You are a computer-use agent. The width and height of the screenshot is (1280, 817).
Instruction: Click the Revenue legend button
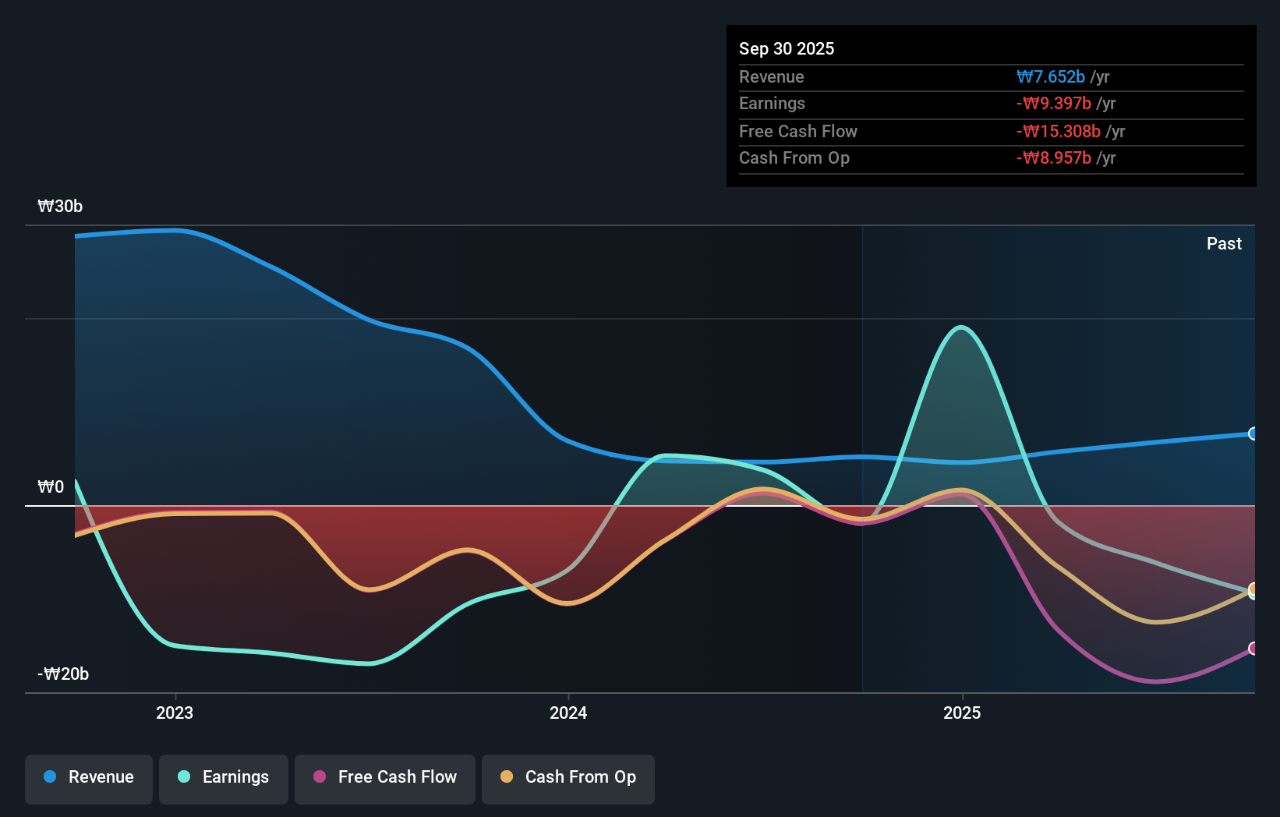click(x=89, y=778)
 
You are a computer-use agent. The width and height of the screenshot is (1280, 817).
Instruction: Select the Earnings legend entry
click(x=224, y=778)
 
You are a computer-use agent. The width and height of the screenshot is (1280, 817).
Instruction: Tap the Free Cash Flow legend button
click(x=385, y=778)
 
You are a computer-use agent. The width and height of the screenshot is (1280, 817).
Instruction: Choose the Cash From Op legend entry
click(x=568, y=778)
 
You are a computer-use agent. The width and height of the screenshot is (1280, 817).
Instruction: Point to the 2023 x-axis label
click(x=175, y=713)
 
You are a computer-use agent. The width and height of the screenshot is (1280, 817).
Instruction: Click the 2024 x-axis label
click(x=568, y=713)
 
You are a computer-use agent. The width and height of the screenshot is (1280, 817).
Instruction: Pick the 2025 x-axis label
click(x=962, y=713)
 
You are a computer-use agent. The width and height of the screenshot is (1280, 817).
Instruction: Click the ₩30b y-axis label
click(x=60, y=207)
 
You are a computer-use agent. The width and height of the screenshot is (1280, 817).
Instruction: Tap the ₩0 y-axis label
click(x=51, y=487)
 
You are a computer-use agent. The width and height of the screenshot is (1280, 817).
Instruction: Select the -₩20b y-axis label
click(x=63, y=674)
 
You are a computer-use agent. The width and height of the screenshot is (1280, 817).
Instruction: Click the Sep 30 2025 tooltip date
click(x=787, y=48)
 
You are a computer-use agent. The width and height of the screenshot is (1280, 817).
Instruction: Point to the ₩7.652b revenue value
click(x=1051, y=77)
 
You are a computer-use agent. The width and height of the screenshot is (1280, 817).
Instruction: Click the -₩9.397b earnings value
click(x=1054, y=104)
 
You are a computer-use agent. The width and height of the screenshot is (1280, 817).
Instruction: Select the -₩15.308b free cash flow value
click(x=1059, y=132)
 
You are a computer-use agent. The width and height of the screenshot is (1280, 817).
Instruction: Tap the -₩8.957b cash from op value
click(x=1054, y=158)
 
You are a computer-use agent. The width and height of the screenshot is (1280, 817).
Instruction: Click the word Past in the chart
click(x=1224, y=244)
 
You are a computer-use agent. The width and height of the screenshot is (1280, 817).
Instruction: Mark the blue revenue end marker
click(x=1253, y=433)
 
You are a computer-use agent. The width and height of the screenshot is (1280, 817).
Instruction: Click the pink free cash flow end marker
click(x=1253, y=649)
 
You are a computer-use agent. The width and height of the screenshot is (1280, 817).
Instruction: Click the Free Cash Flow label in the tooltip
click(x=798, y=132)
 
